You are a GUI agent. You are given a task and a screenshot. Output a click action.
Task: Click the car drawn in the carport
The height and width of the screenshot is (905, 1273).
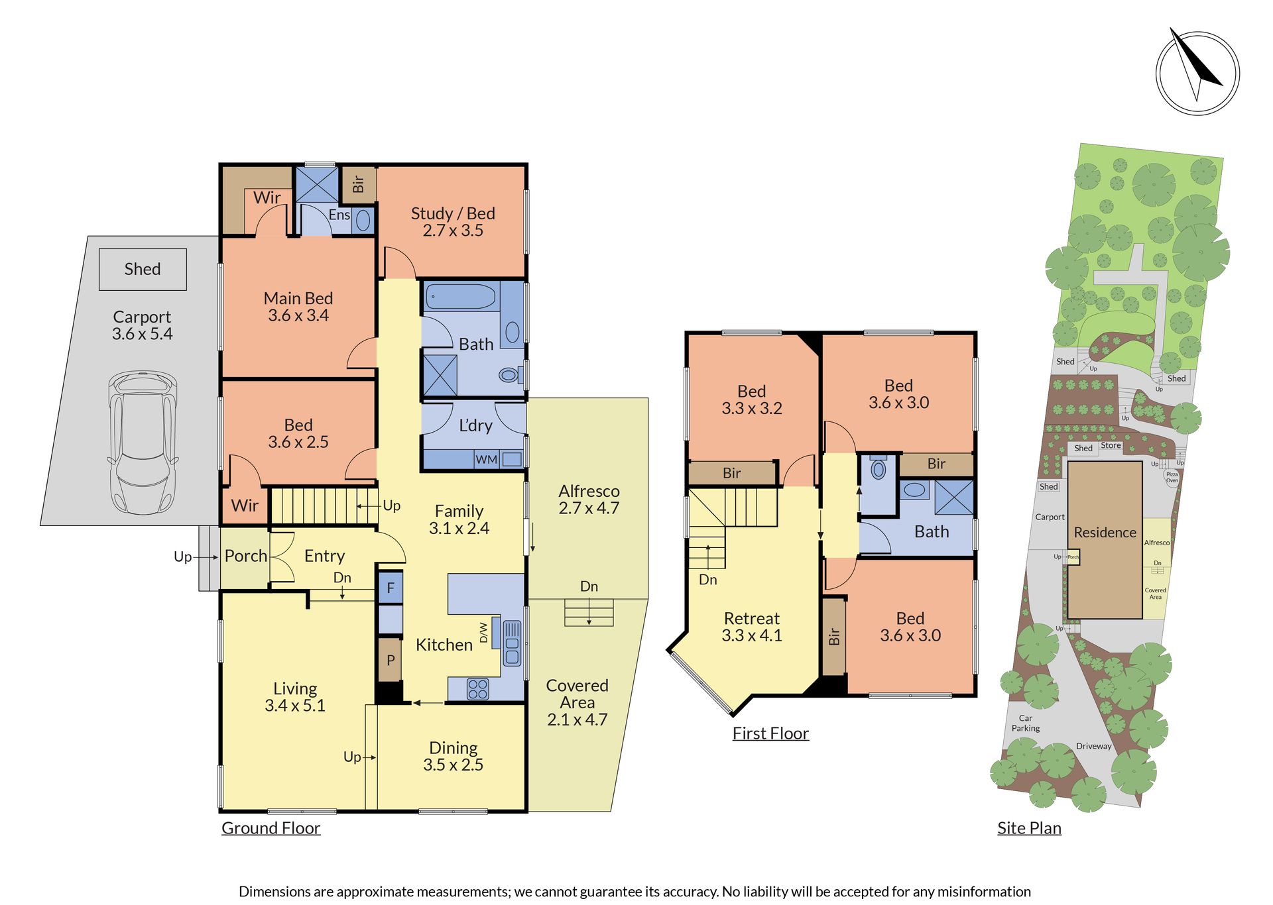(143, 443)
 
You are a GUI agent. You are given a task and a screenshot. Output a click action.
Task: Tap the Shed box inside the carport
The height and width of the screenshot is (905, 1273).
(143, 269)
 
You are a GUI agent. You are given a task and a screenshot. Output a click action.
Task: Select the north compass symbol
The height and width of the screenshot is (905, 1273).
(1197, 72)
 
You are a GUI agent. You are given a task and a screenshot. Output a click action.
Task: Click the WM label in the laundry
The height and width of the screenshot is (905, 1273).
(486, 460)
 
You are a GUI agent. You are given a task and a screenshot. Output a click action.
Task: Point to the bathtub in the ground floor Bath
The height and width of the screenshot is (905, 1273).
(461, 297)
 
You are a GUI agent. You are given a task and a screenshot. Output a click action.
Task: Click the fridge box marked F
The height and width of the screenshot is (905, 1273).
(391, 588)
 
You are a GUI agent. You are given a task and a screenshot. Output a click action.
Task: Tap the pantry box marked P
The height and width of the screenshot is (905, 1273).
(391, 660)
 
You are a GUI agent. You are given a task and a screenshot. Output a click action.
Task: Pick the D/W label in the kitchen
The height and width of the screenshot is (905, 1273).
(483, 633)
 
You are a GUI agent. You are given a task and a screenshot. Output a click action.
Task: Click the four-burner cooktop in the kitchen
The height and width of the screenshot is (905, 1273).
(478, 689)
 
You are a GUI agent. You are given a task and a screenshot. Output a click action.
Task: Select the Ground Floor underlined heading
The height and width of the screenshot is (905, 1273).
(271, 828)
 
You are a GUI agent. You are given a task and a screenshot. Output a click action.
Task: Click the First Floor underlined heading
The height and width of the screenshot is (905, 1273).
(770, 733)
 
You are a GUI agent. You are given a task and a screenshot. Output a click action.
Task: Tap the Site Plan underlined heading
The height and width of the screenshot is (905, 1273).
(1029, 828)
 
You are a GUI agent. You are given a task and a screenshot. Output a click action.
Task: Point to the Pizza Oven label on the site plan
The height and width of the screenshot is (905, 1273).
(1172, 477)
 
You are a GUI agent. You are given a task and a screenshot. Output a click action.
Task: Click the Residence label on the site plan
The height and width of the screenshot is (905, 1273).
(1105, 533)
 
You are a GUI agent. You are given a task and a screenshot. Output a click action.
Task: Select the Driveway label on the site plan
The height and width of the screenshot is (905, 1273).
(1094, 746)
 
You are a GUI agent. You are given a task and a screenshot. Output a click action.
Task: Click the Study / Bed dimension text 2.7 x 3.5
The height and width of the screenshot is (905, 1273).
(453, 231)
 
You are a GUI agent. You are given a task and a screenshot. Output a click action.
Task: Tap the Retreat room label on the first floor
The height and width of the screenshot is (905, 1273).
(751, 618)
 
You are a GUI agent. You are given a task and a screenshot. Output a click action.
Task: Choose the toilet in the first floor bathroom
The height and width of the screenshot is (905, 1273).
(879, 468)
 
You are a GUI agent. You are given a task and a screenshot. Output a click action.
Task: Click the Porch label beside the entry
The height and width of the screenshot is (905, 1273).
(246, 556)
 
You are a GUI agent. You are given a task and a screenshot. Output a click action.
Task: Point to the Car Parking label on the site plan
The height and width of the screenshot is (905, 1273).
(1025, 723)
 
